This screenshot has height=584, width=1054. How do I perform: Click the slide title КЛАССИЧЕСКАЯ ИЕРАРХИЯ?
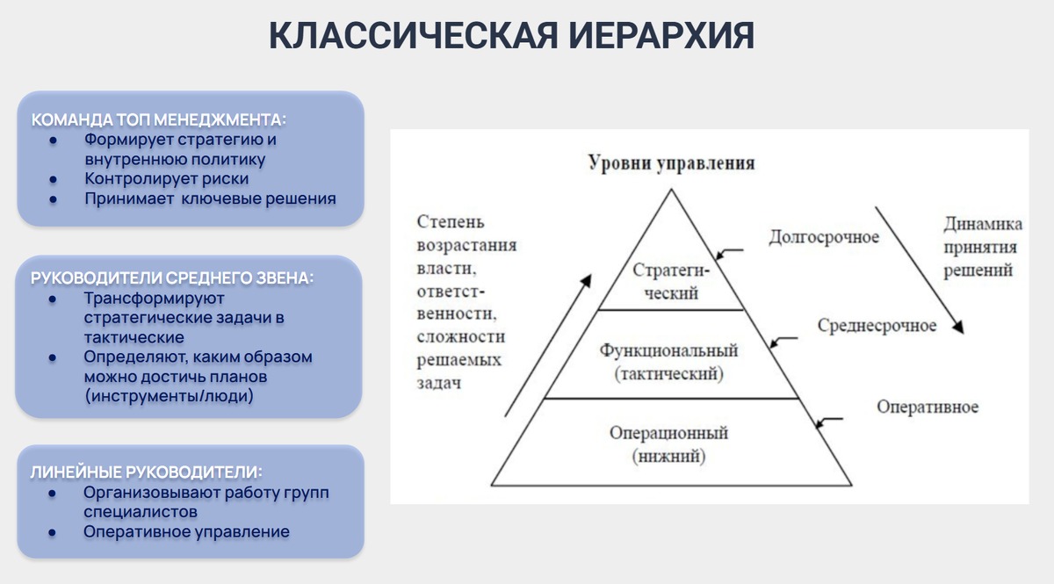coord(511,37)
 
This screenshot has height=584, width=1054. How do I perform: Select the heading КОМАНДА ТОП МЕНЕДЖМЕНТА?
coord(159,119)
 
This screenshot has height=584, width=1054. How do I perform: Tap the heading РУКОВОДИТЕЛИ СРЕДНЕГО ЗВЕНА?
coord(172,278)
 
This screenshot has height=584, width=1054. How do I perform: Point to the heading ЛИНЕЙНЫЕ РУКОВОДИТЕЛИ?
coord(146,472)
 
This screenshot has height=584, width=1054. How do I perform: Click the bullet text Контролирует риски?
coord(166,179)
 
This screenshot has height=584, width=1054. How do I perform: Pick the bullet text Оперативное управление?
coord(186,531)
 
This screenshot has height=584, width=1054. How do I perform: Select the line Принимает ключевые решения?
coord(210,199)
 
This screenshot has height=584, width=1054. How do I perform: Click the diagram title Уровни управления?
coord(671,164)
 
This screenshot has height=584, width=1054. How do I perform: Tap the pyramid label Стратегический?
coord(671,281)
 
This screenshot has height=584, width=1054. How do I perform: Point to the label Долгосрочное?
coord(824,238)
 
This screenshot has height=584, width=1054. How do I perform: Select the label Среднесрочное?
coord(877,326)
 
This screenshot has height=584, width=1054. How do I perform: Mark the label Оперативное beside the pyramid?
coord(928,407)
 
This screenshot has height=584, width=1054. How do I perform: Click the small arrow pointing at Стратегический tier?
coord(728,253)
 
